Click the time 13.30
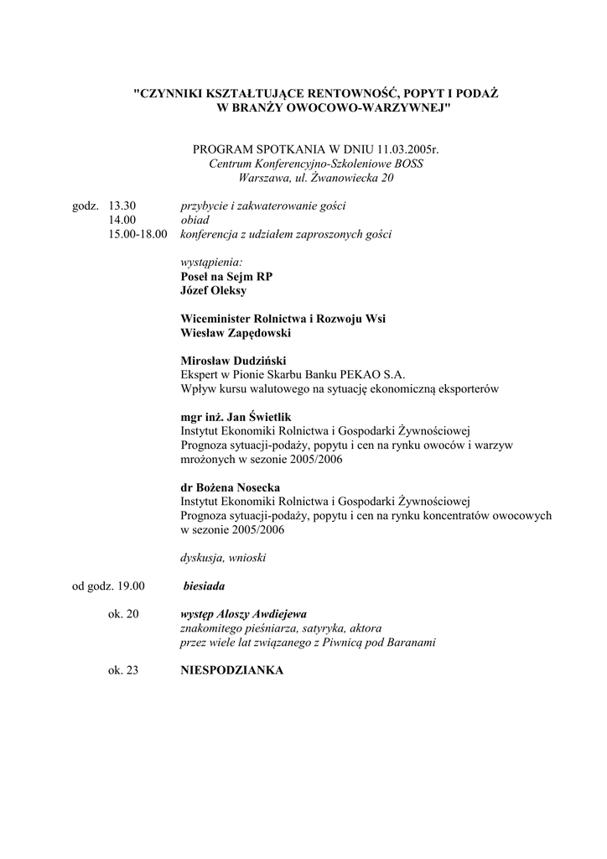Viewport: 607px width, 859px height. click(123, 206)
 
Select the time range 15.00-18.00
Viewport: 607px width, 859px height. click(138, 234)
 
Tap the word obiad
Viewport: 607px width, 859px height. click(195, 220)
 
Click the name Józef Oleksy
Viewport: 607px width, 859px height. click(214, 291)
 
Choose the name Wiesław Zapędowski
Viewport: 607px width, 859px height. click(234, 333)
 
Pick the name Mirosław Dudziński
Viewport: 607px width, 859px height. click(234, 361)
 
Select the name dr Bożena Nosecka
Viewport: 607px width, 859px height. click(231, 487)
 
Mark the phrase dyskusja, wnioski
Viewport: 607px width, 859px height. click(224, 558)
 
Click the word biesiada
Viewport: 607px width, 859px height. click(204, 586)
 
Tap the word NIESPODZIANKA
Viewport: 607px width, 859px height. click(232, 671)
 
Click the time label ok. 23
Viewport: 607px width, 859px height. click(123, 671)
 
